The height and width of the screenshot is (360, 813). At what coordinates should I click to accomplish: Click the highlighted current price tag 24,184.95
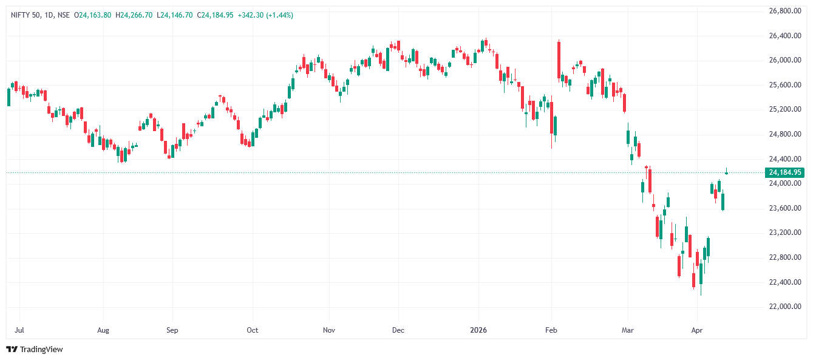[x=785, y=172]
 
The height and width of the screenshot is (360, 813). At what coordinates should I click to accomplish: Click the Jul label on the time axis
[x=19, y=330]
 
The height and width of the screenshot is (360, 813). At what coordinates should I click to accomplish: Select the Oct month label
[x=252, y=330]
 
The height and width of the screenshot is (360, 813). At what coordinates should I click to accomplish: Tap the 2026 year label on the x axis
[x=478, y=330]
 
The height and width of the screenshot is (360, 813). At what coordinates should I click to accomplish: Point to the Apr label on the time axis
[x=696, y=330]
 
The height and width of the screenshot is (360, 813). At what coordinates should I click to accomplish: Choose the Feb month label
[x=551, y=330]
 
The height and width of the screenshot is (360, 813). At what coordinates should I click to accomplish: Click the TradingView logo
[x=35, y=349]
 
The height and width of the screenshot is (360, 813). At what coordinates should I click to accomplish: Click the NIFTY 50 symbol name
[x=26, y=15]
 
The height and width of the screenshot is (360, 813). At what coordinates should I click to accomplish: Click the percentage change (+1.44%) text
[x=279, y=15]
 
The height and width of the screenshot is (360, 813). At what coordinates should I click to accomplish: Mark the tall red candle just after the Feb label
[x=559, y=60]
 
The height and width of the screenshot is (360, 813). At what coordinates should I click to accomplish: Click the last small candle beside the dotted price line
[x=726, y=172]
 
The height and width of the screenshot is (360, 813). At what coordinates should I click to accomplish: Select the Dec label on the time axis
[x=398, y=330]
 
